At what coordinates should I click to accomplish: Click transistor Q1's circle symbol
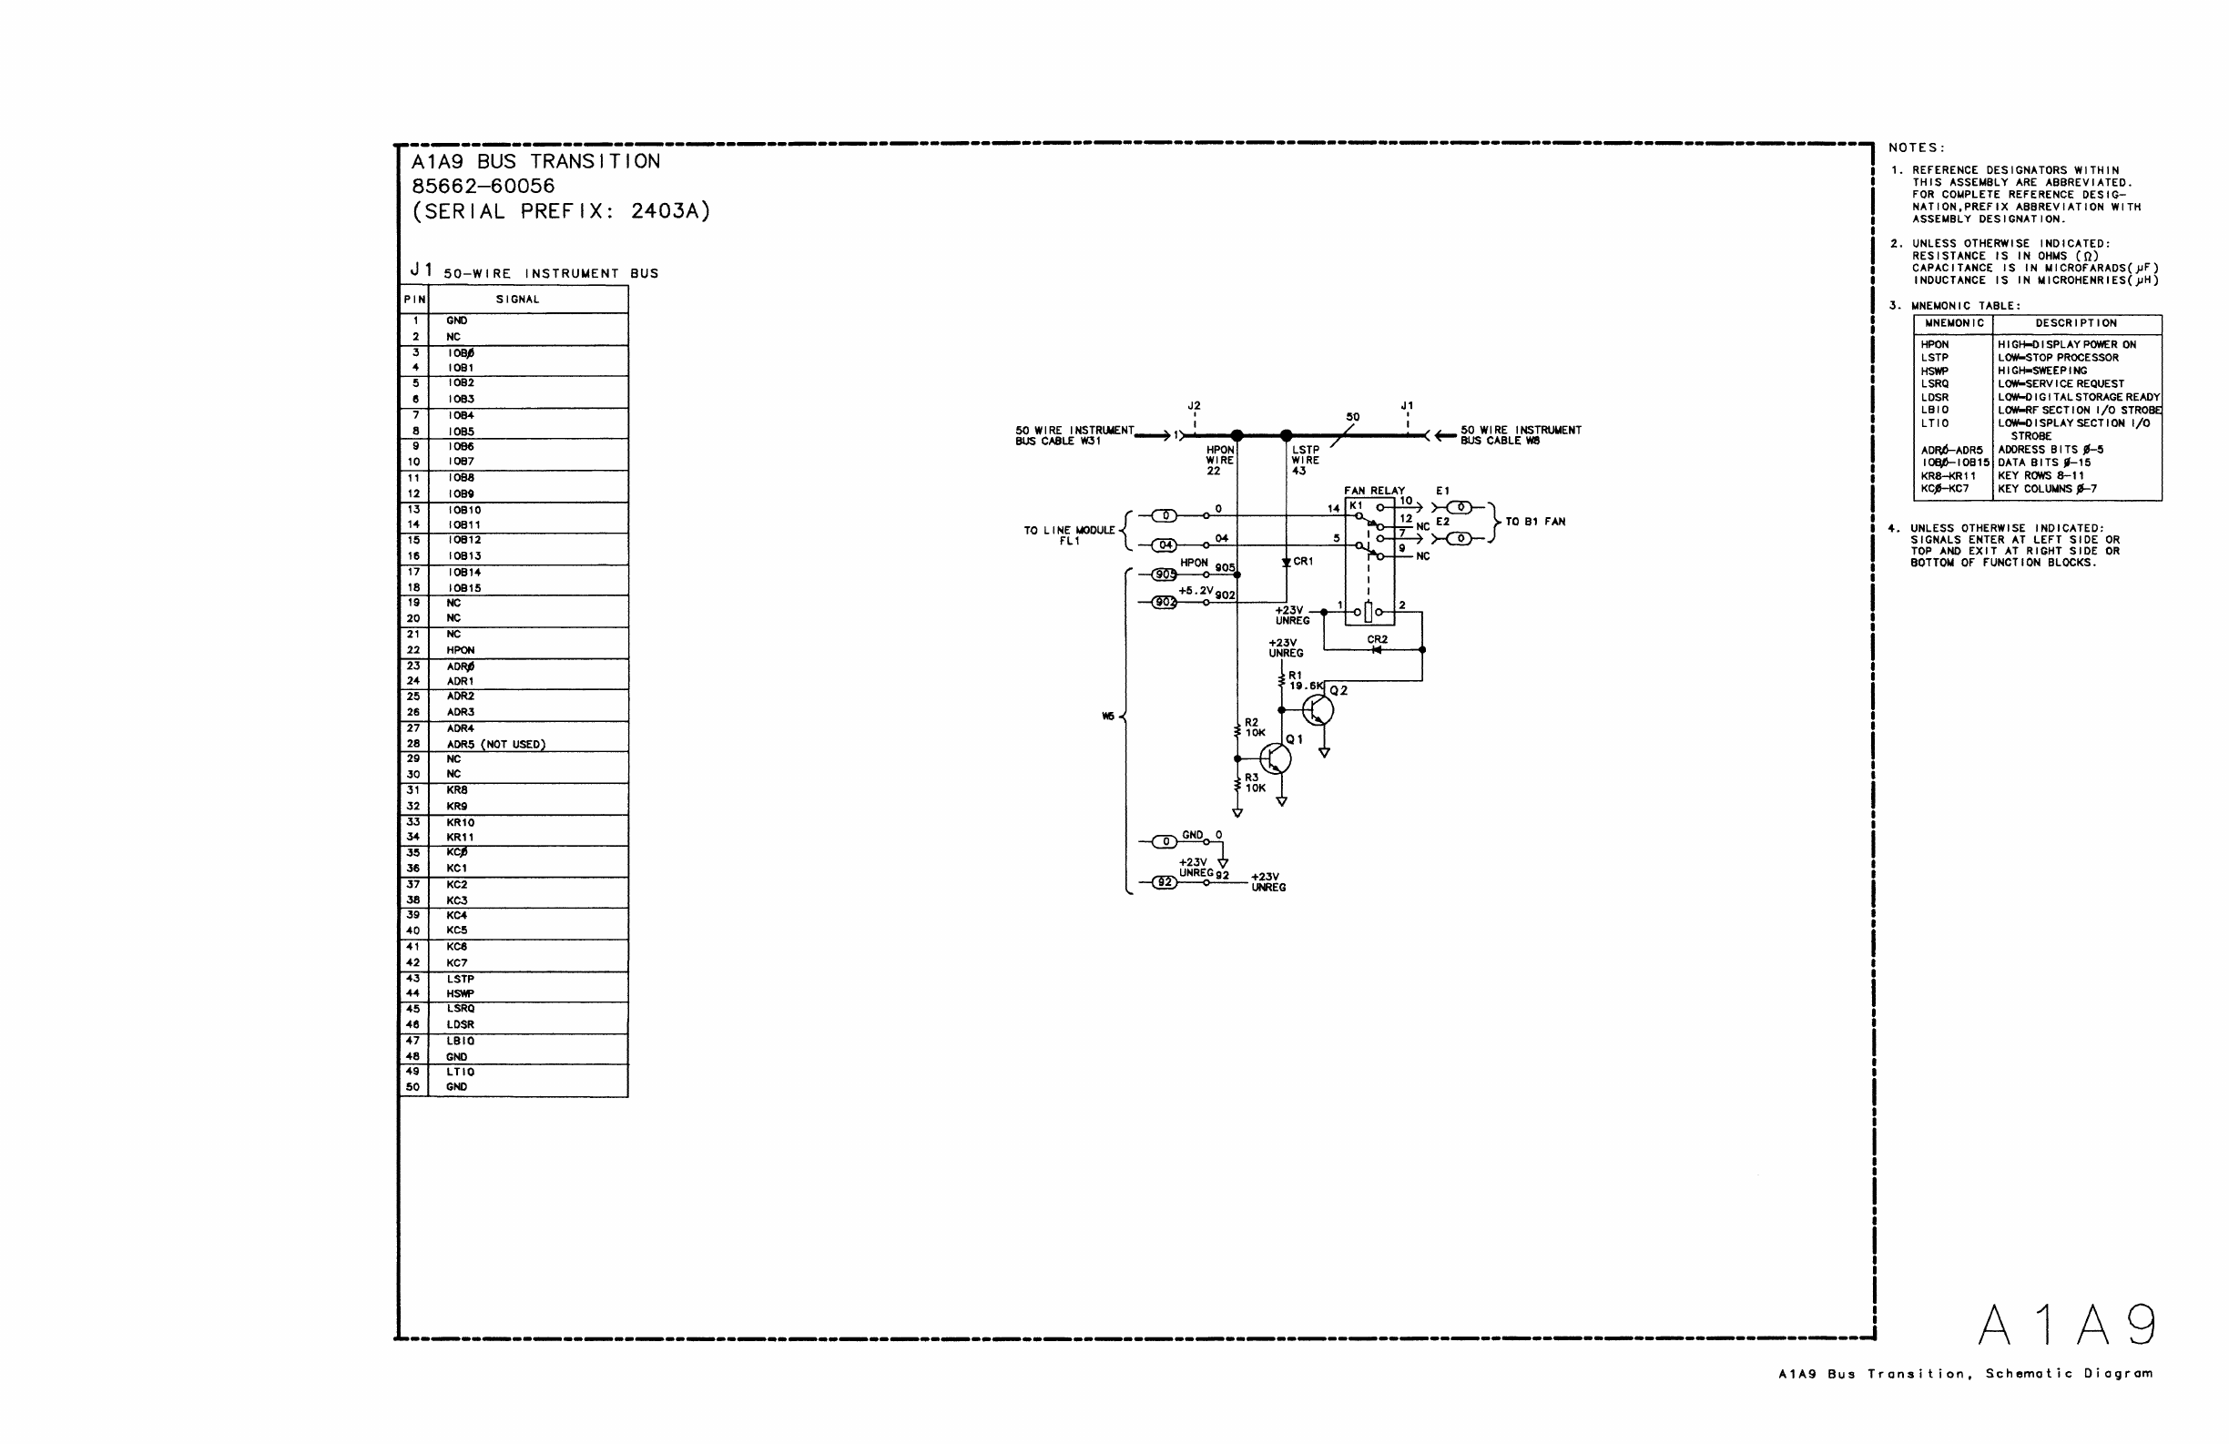[1275, 758]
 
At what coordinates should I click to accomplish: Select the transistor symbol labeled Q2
[1318, 711]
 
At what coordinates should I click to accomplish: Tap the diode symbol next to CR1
[1287, 563]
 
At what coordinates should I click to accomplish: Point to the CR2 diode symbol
[1376, 650]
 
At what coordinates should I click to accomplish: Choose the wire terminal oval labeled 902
[1165, 602]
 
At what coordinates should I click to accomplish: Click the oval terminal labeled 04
[1165, 545]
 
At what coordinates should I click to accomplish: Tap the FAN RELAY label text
[1374, 491]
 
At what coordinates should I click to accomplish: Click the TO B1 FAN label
[1535, 522]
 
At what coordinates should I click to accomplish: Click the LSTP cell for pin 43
[460, 979]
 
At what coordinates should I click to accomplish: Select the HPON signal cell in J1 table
[460, 650]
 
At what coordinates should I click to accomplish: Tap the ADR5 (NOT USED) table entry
[495, 745]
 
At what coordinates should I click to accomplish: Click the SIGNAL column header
[517, 300]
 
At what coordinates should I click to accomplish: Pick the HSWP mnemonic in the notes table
[1935, 371]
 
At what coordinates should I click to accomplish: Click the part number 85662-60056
[483, 187]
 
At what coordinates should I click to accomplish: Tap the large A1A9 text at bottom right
[2066, 1325]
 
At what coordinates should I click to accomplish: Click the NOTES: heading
[1916, 148]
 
